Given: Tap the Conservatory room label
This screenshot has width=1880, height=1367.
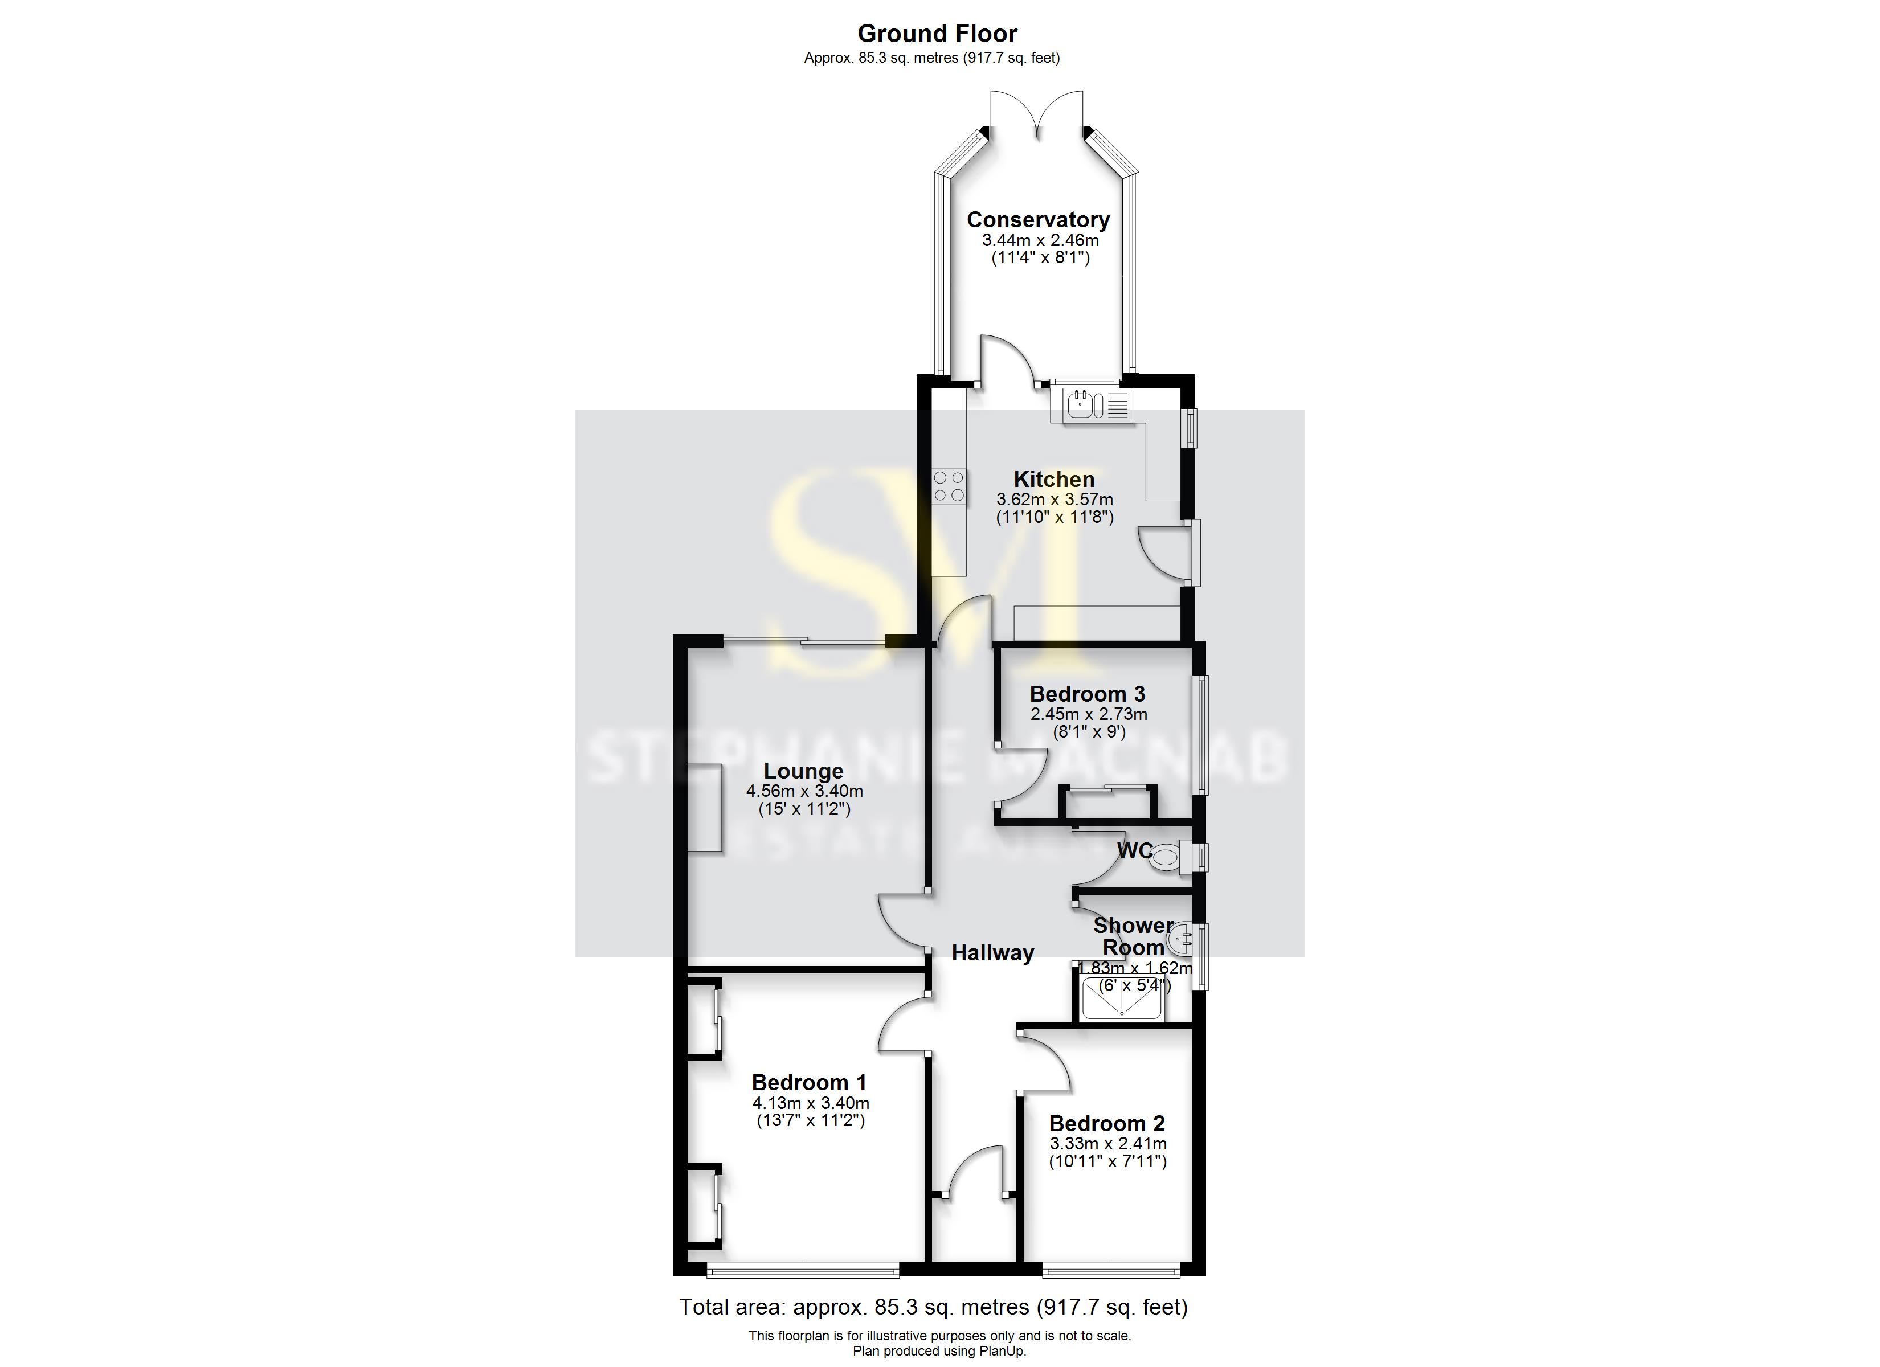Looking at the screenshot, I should point(1038,220).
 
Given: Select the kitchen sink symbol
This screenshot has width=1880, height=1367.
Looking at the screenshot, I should point(1088,406).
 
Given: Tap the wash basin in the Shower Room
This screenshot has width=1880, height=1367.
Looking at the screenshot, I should point(1180,941).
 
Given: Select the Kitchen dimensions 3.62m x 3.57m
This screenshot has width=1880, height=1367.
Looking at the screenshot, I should point(1055,500).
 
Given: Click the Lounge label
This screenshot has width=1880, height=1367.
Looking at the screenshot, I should point(803,771).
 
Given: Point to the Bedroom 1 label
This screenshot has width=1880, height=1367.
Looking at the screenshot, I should point(809,1083).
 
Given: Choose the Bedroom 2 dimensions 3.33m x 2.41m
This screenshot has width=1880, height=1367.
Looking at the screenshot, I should point(1107,1144).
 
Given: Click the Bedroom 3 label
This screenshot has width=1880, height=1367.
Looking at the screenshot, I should point(1088,694).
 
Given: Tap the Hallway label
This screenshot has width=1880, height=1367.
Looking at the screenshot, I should point(992,953).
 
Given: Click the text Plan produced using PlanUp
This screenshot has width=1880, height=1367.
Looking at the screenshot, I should point(939,1351).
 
